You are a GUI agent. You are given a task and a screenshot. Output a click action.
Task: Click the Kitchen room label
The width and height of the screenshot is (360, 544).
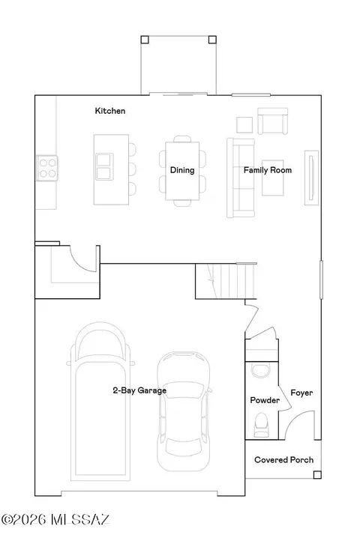tap(110, 111)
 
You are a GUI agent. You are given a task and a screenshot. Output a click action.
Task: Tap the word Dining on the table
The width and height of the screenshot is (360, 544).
tap(182, 170)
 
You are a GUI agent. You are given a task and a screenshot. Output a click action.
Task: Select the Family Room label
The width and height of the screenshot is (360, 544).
tap(268, 170)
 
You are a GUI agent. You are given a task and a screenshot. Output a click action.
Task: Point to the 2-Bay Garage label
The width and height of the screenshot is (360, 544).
tap(139, 390)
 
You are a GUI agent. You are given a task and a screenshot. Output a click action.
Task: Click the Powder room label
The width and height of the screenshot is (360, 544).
tap(265, 400)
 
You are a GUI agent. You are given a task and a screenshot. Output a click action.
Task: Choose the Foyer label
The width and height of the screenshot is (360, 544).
tap(301, 393)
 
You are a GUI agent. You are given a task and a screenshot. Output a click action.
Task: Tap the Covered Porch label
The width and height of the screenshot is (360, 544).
tap(284, 460)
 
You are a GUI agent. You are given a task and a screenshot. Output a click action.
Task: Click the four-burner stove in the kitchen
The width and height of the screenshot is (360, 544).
tap(47, 169)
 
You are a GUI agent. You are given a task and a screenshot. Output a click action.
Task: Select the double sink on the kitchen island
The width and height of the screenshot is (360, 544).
tap(104, 166)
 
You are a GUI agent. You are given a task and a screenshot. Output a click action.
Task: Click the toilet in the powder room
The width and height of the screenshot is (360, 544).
tap(262, 425)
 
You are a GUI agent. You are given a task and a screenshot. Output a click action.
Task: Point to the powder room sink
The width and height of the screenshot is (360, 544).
tap(260, 370)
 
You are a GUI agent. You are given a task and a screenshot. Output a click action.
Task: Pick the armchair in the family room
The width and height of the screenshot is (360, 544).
tap(272, 121)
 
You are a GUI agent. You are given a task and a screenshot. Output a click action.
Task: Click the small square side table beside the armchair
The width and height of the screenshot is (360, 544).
tap(244, 125)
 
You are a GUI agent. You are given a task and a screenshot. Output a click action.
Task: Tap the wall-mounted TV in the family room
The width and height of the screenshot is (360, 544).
tap(311, 178)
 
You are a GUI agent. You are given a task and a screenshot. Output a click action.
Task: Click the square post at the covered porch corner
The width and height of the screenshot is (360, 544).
tap(317, 475)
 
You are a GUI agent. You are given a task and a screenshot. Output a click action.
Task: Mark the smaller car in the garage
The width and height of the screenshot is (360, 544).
tap(184, 411)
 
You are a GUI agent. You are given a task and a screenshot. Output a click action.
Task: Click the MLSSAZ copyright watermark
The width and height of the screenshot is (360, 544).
tap(55, 519)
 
